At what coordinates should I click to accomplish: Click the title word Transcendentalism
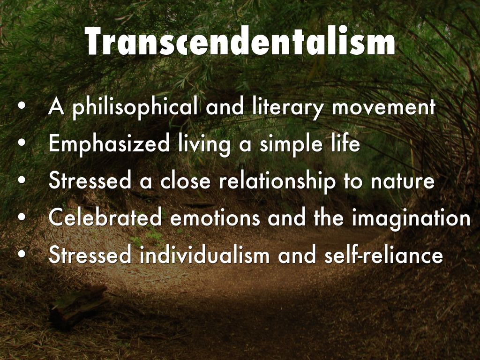pyautogui.click(x=240, y=41)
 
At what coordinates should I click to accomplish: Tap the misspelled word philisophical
pyautogui.click(x=135, y=108)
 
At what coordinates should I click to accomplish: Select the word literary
pyautogui.click(x=288, y=108)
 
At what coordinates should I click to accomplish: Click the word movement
pyautogui.click(x=383, y=108)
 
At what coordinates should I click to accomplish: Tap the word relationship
pyautogui.click(x=277, y=181)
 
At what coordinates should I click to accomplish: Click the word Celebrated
pyautogui.click(x=105, y=217)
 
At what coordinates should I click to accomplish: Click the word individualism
pyautogui.click(x=204, y=255)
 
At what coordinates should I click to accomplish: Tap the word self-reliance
pyautogui.click(x=383, y=255)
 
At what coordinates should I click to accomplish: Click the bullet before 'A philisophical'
pyautogui.click(x=22, y=106)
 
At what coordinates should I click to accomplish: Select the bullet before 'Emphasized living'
pyautogui.click(x=22, y=143)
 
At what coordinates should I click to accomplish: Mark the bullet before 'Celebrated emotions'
pyautogui.click(x=22, y=217)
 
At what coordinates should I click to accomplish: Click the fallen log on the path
pyautogui.click(x=78, y=306)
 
